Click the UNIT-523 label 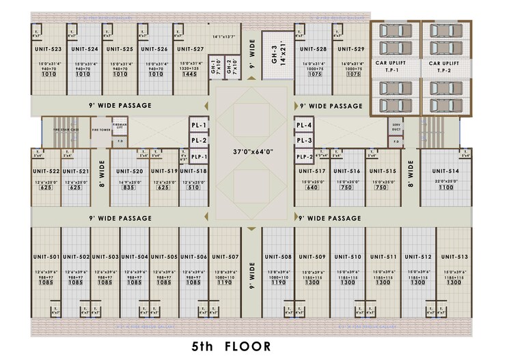47,49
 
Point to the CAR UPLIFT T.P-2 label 445,66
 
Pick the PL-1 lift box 199,126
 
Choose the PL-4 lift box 305,126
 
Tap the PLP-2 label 305,156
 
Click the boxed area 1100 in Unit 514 445,187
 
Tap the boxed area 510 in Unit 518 193,187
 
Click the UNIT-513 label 454,257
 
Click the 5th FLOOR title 231,346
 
